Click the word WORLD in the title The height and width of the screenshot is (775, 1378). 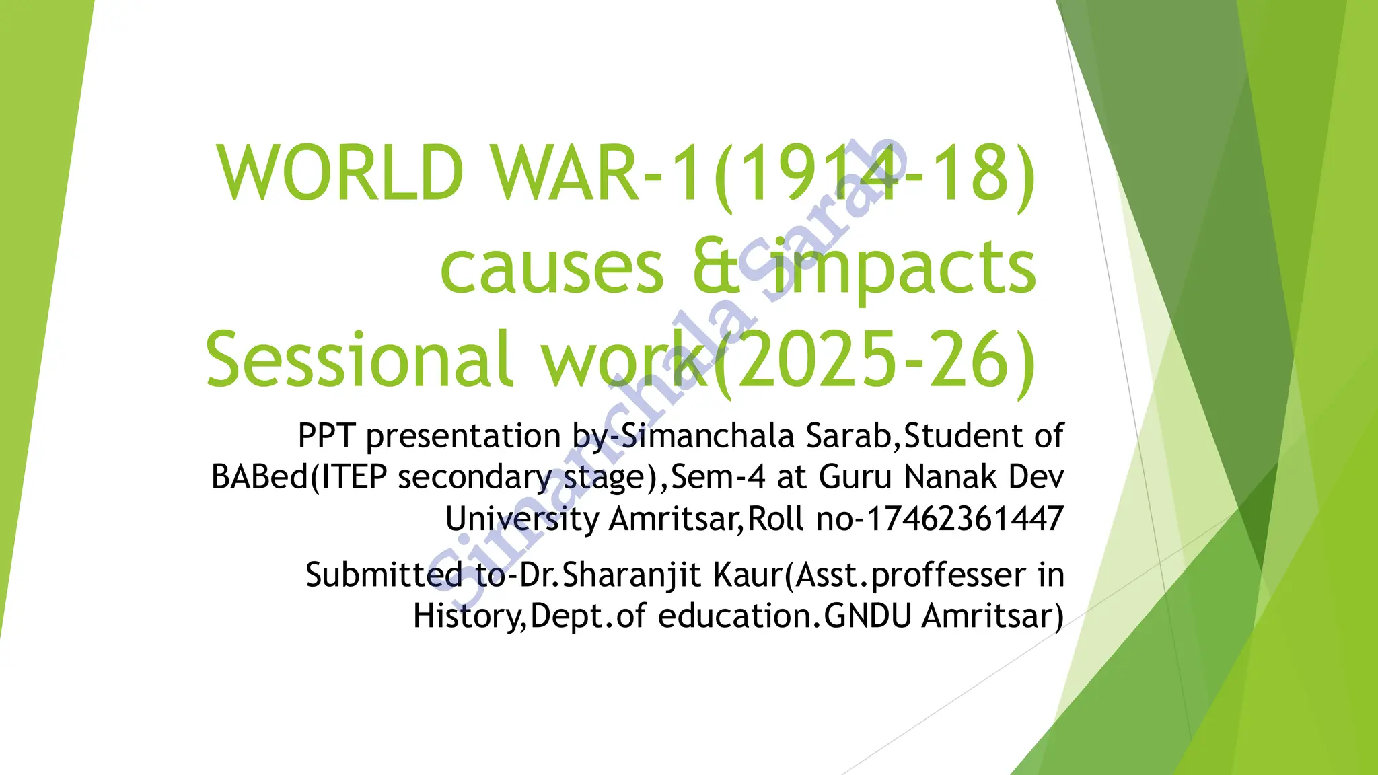(340, 174)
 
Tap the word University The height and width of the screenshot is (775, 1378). (521, 519)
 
